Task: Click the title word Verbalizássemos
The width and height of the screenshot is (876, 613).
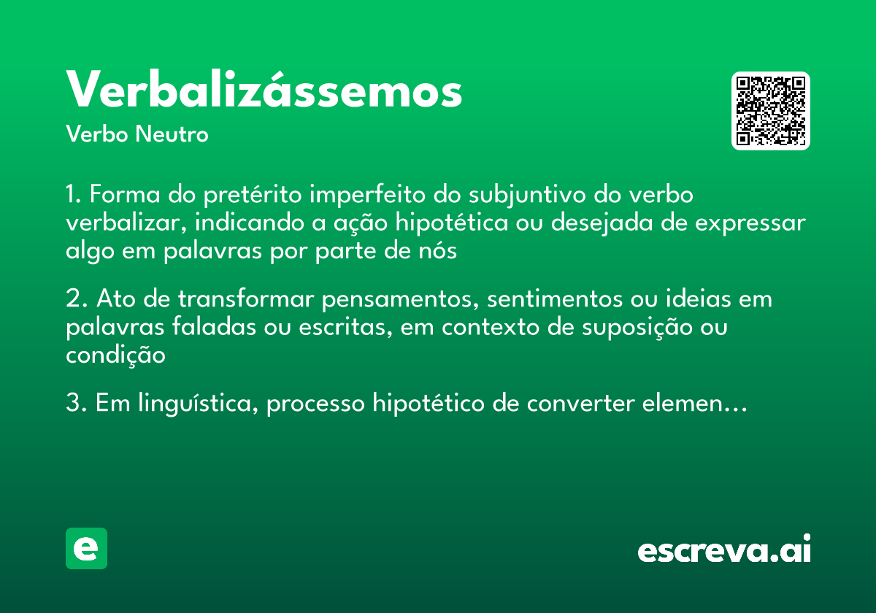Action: [264, 91]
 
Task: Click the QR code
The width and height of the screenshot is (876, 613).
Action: [771, 111]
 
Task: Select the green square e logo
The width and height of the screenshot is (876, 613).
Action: [87, 548]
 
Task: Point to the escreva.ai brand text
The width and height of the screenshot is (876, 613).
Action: [724, 550]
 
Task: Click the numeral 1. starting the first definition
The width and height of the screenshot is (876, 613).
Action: [75, 196]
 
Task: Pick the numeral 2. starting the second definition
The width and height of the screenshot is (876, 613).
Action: [77, 299]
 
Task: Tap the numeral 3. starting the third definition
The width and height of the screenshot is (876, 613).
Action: [77, 404]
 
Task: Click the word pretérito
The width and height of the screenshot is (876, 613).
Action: [253, 196]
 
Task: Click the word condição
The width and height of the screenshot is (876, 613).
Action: [115, 355]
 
